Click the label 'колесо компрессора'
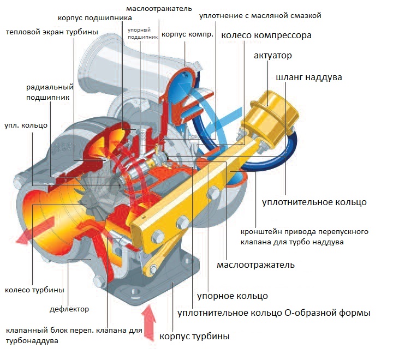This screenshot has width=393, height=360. tap(266, 36)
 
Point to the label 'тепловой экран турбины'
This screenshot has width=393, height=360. tap(52, 32)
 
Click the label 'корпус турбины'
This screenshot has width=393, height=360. tap(194, 336)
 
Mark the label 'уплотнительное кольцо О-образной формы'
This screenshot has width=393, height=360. tap(274, 314)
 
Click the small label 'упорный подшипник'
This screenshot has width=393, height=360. tap(142, 34)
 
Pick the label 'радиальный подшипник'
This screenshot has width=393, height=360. tap(49, 92)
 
